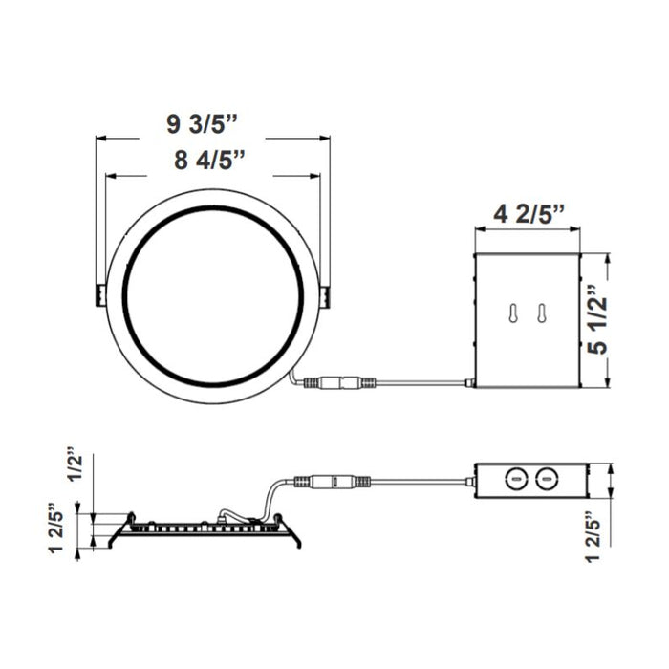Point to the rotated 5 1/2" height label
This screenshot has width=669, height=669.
[598, 320]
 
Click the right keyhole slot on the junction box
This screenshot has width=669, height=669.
[542, 314]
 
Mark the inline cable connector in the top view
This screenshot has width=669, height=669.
[341, 383]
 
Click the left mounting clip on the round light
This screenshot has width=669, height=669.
[100, 295]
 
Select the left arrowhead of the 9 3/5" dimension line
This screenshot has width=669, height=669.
[100, 139]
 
